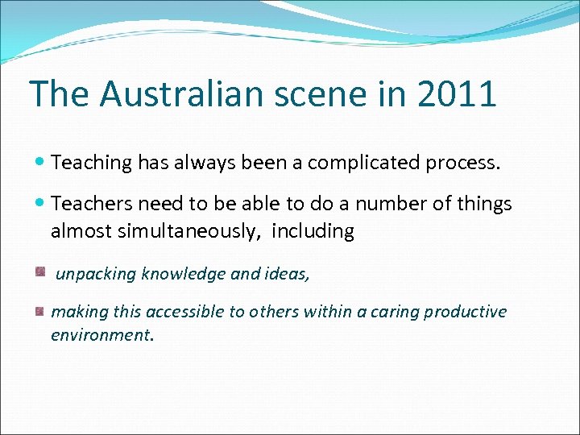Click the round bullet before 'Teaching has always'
pyautogui.click(x=40, y=163)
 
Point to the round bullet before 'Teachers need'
pyautogui.click(x=40, y=205)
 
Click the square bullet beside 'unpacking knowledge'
pyautogui.click(x=39, y=272)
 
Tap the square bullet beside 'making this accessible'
pyautogui.click(x=39, y=311)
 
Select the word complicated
pyautogui.click(x=367, y=163)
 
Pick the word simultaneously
pyautogui.click(x=193, y=232)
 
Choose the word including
pyautogui.click(x=313, y=232)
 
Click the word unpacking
pyautogui.click(x=96, y=274)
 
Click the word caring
pyautogui.click(x=395, y=312)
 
